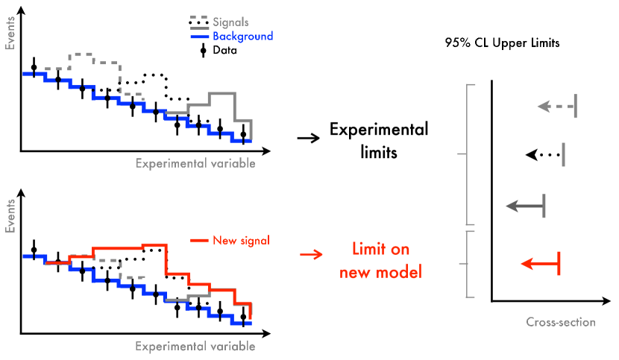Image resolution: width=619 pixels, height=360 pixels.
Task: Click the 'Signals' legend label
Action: point(230,22)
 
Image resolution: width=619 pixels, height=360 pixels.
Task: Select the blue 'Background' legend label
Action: point(242,36)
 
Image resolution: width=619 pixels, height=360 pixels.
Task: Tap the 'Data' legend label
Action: point(224,51)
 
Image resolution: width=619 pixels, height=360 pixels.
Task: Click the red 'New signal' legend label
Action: point(241,240)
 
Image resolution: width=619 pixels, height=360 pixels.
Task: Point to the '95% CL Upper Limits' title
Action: point(501,43)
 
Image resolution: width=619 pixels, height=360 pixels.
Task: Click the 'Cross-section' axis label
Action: point(561,323)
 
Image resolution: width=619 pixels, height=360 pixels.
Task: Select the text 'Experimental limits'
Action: point(379,141)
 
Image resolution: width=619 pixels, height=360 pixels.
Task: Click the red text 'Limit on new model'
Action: point(380,260)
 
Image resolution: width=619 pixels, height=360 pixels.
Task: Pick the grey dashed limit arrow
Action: point(557,107)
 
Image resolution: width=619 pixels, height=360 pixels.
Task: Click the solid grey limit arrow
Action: point(525,205)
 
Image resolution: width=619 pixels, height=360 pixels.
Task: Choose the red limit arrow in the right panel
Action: point(541,263)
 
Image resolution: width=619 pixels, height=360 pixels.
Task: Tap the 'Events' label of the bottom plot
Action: point(10,217)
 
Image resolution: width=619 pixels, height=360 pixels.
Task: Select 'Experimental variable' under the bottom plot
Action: point(195,347)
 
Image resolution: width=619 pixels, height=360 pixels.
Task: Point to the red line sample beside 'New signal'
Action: point(199,240)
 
